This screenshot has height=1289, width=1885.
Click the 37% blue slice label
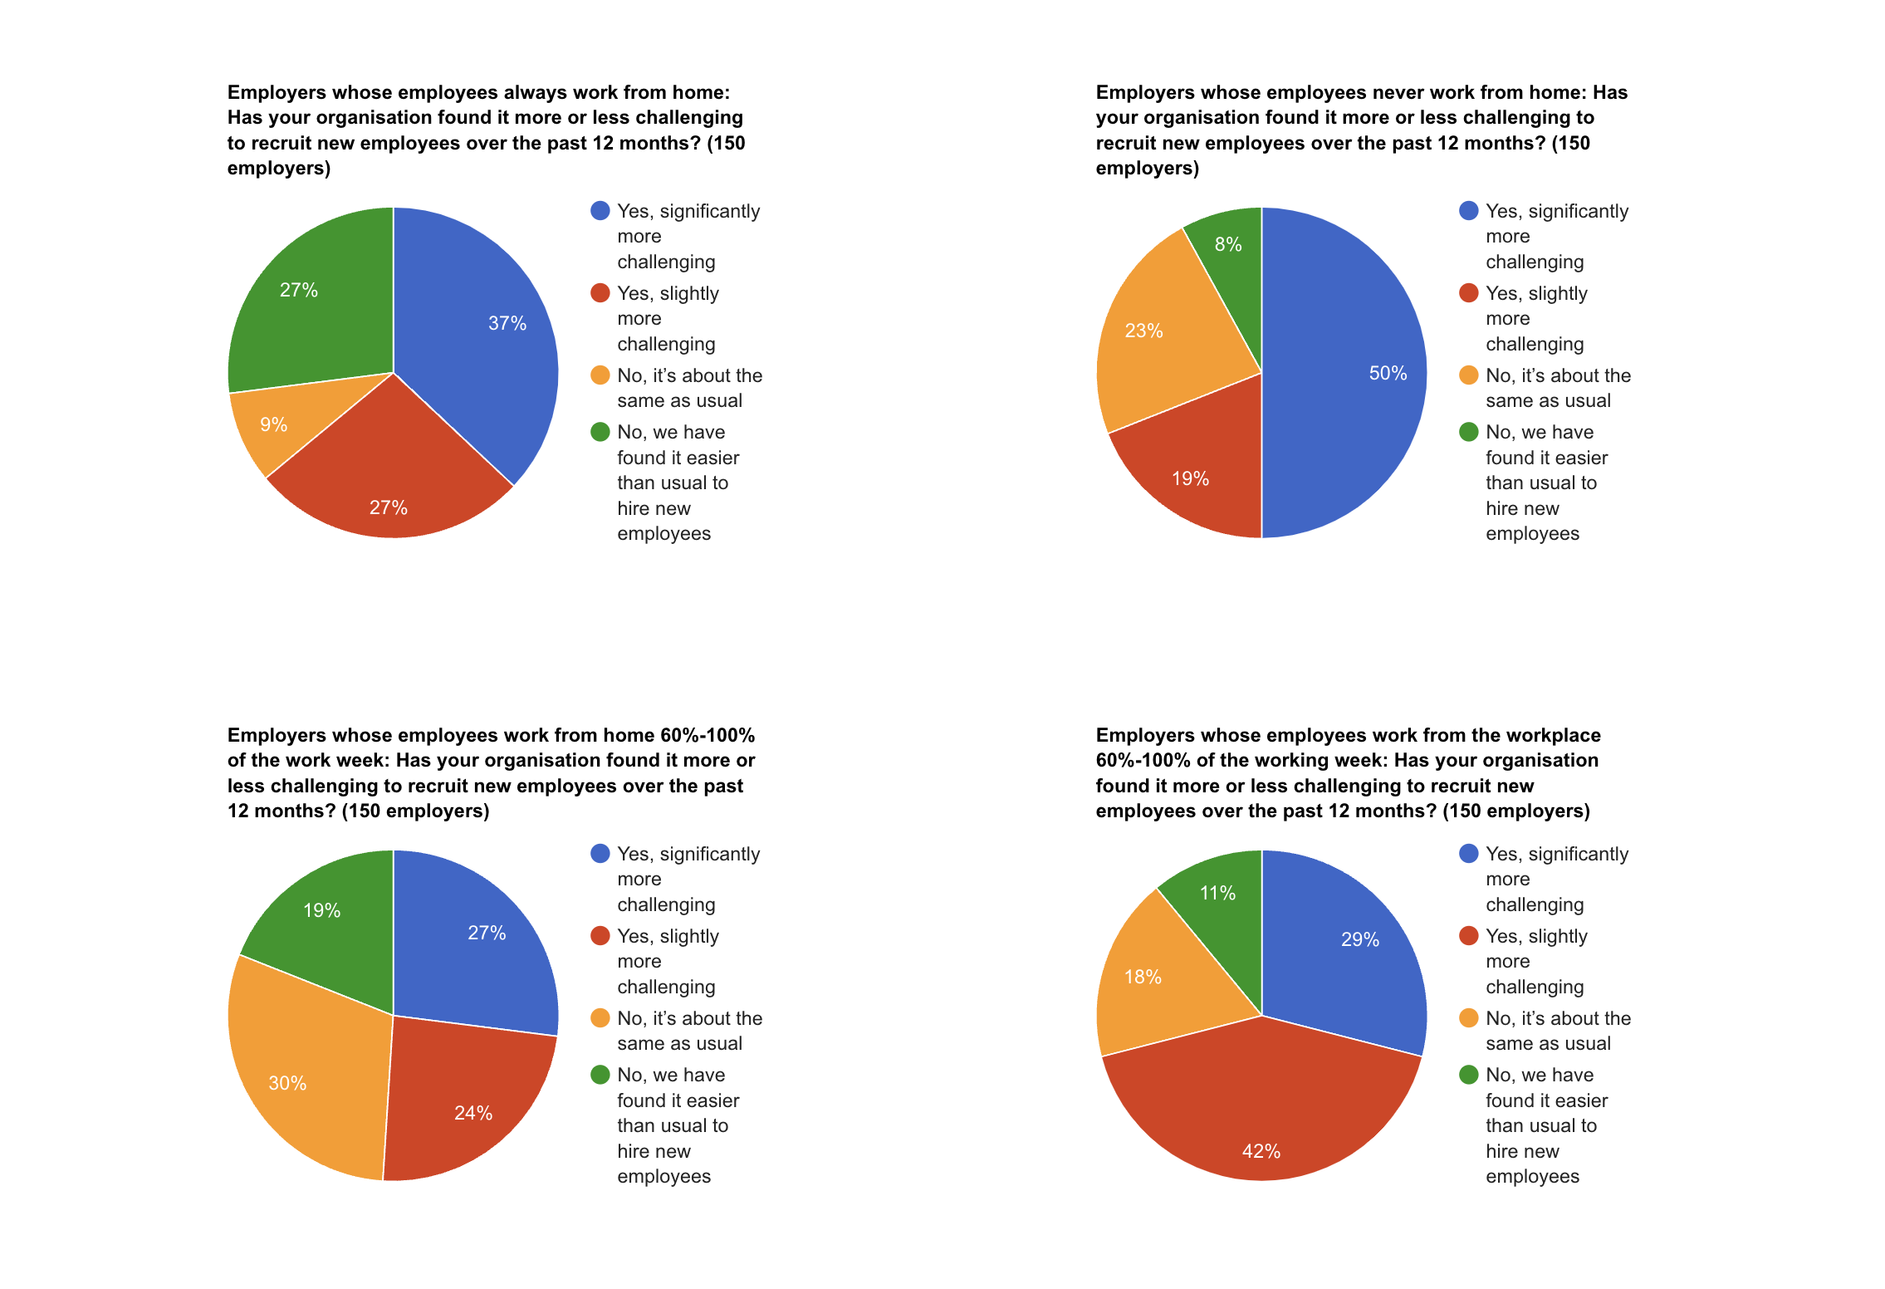point(507,323)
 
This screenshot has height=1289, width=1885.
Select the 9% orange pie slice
point(274,424)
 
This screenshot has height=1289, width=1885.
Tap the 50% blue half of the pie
point(1362,373)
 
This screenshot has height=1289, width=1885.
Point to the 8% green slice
point(1228,243)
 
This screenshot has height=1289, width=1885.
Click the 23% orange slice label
point(1143,331)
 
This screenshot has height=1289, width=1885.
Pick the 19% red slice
point(1191,478)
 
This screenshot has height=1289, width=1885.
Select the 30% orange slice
point(288,1082)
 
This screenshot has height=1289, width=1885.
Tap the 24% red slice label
point(473,1113)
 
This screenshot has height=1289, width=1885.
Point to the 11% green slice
point(1218,893)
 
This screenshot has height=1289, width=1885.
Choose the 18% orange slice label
point(1143,977)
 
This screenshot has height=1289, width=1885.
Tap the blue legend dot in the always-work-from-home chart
point(600,211)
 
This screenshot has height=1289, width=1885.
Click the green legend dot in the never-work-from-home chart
point(1468,432)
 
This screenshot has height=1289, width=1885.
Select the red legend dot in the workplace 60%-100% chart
point(1468,936)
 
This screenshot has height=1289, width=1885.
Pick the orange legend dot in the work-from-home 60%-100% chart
point(600,1018)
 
